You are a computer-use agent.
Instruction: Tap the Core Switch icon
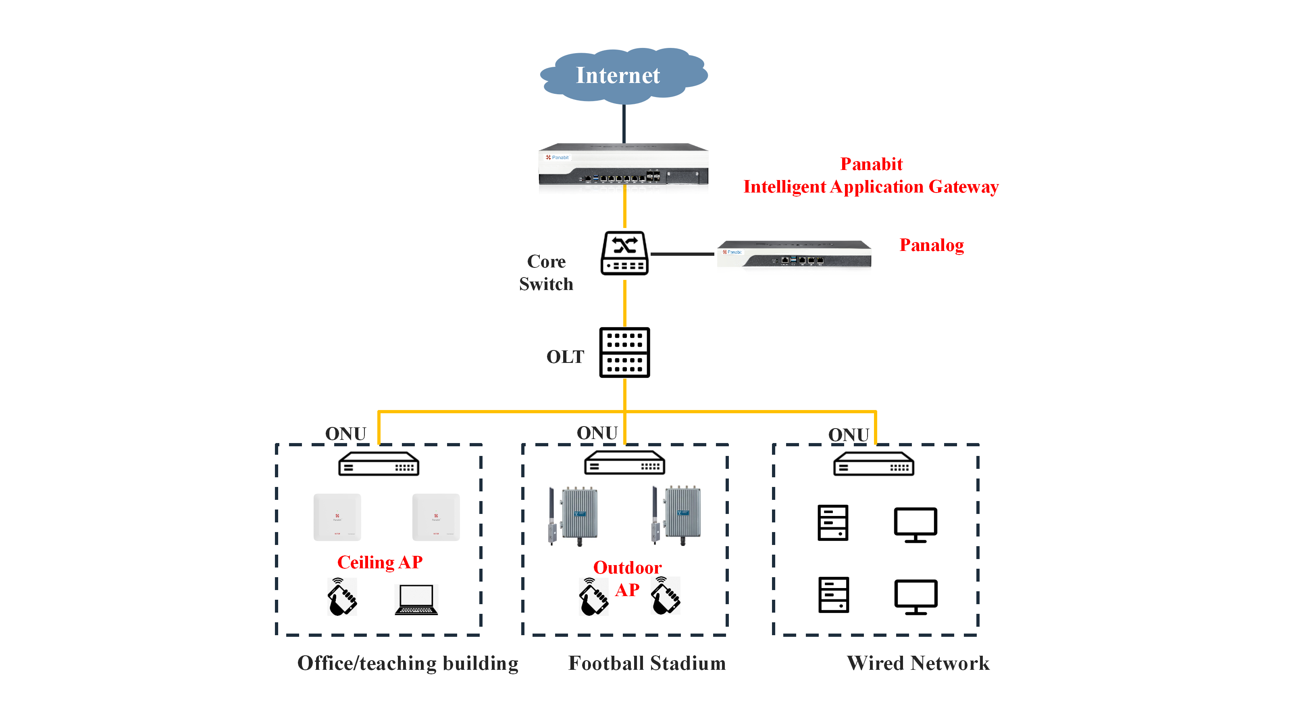click(x=624, y=253)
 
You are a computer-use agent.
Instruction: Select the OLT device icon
click(x=624, y=352)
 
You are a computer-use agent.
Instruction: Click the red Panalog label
click(x=932, y=245)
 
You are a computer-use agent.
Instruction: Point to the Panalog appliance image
click(x=794, y=255)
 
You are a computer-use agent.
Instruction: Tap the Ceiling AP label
click(x=380, y=562)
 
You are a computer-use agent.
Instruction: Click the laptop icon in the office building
click(x=416, y=599)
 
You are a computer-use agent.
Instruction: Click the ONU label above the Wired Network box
click(x=848, y=434)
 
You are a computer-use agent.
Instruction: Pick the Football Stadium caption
click(x=647, y=663)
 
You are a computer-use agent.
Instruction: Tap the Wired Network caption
click(x=918, y=663)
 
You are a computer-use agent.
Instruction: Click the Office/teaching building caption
click(x=408, y=663)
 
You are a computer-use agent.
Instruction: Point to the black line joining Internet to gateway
click(x=624, y=124)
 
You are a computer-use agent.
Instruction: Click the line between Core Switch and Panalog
click(x=682, y=254)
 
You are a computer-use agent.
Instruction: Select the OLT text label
click(x=565, y=357)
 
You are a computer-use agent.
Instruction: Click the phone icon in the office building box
click(x=342, y=597)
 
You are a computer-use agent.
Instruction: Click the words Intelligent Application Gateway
click(x=871, y=186)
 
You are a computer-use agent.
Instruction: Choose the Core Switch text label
click(x=546, y=273)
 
